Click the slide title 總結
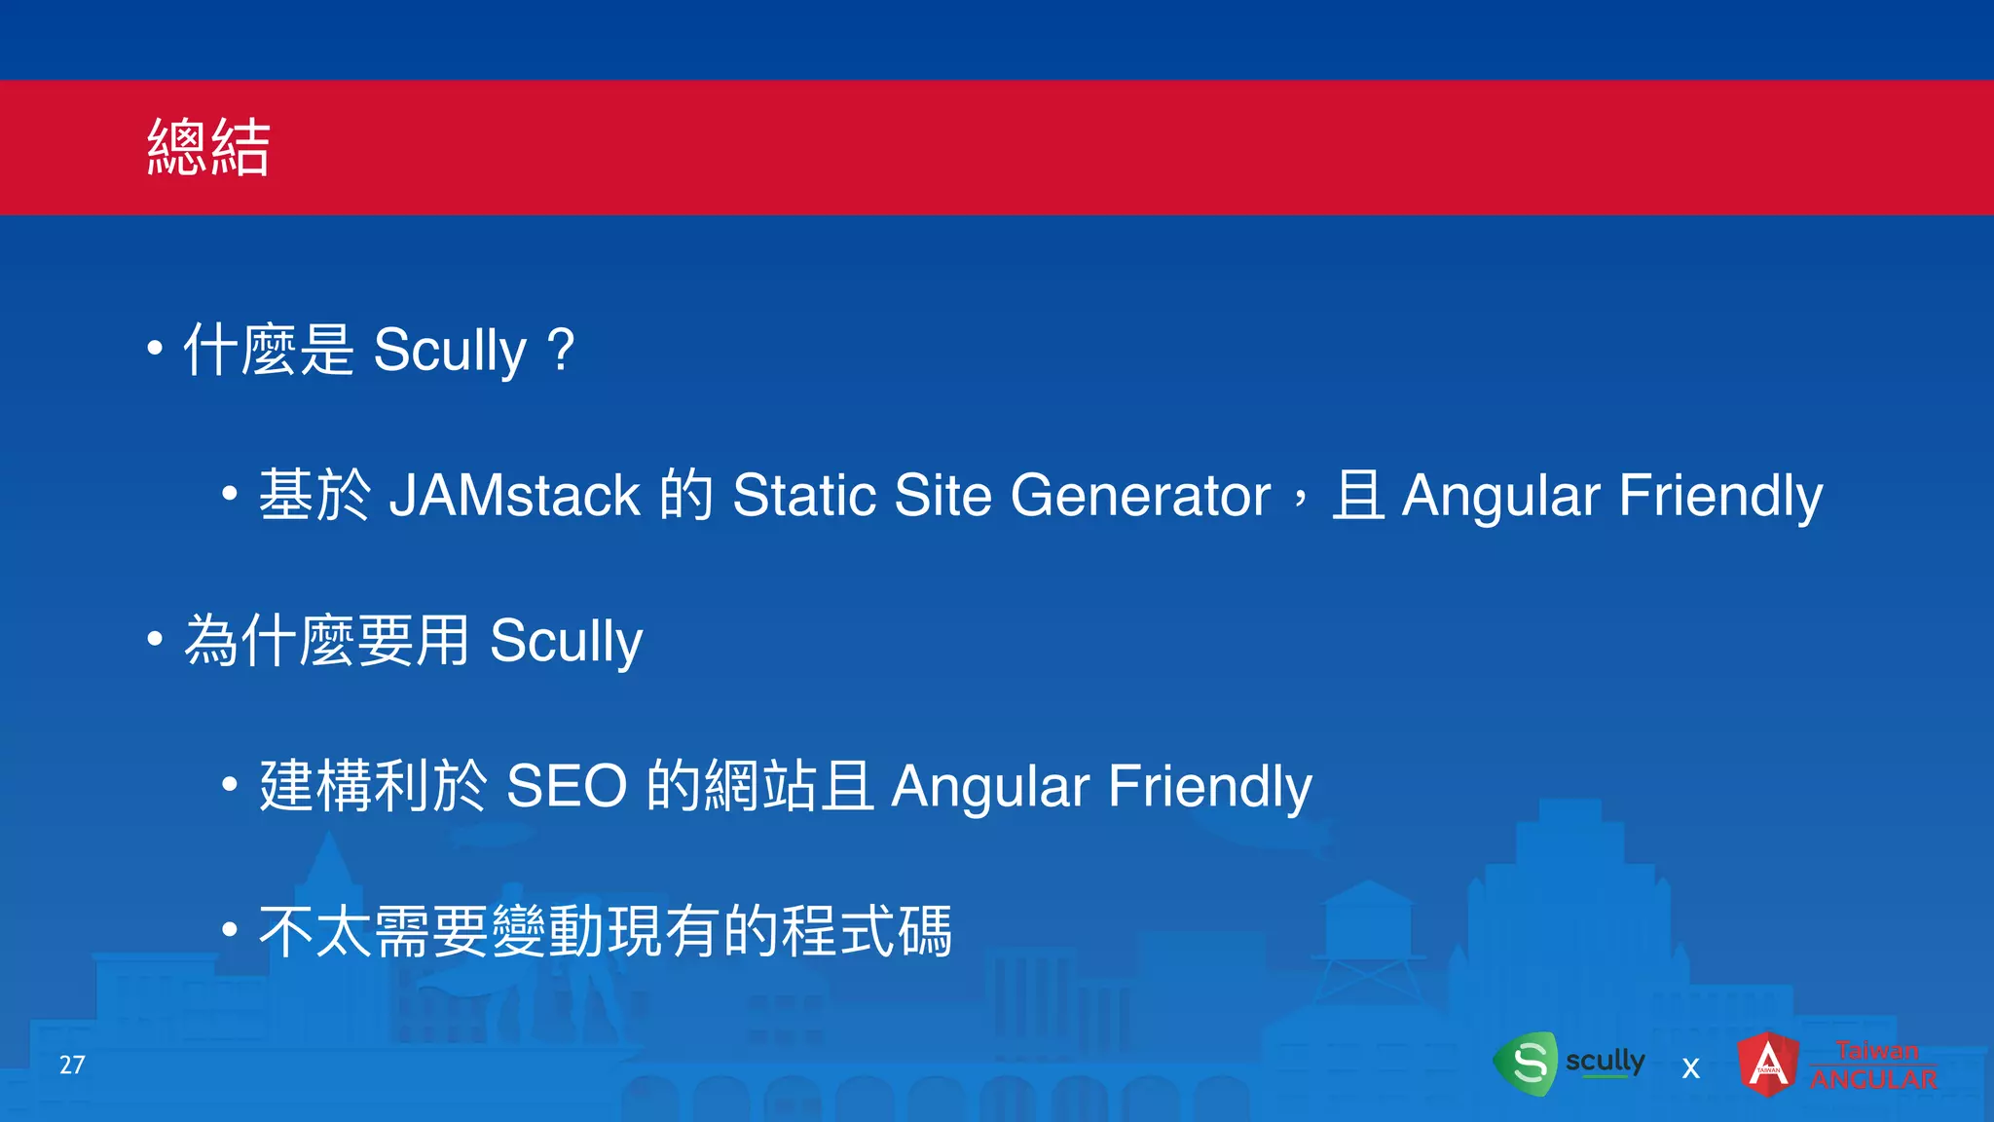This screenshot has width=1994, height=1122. point(208,148)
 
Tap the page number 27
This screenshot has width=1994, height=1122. point(72,1065)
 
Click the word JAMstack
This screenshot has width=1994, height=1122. point(514,495)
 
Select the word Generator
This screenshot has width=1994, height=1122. point(1140,495)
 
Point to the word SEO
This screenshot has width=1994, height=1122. point(567,786)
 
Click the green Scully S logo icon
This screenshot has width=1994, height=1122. point(1527,1063)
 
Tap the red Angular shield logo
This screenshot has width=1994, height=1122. point(1768,1064)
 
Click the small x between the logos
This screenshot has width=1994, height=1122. point(1691,1068)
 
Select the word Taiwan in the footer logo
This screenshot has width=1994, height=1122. point(1877,1050)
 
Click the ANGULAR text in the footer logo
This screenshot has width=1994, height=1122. point(1873,1079)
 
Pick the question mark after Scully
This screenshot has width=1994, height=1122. point(561,349)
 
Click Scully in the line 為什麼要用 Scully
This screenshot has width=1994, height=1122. point(566,641)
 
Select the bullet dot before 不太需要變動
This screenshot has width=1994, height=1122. point(230,929)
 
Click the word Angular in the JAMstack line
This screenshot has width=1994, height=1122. point(1500,495)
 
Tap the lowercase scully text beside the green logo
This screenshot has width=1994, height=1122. point(1605,1060)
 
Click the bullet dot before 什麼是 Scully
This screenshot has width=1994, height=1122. point(155,348)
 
